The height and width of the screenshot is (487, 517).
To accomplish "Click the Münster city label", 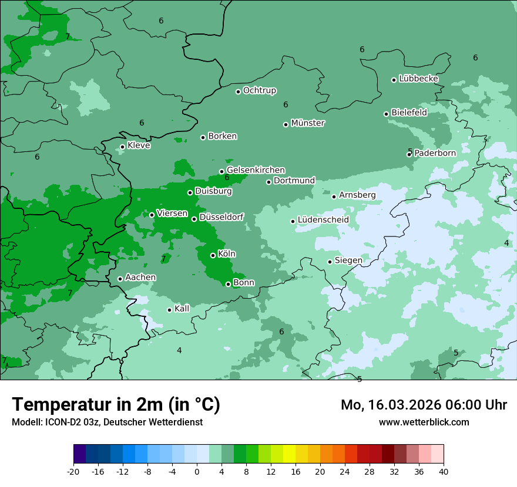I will [x=308, y=123].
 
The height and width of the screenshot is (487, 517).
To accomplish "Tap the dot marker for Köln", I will [x=213, y=255].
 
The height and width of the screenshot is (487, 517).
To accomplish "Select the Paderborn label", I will [x=435, y=153].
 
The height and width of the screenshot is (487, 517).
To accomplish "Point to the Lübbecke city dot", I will [x=394, y=80].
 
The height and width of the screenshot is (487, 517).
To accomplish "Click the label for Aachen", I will [x=140, y=277].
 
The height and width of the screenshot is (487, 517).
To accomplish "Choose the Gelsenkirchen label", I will [x=256, y=170].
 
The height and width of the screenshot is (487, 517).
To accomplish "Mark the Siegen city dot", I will [x=330, y=262].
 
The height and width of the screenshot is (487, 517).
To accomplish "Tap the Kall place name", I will [x=182, y=309].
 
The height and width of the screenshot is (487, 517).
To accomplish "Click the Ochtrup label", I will [x=260, y=90].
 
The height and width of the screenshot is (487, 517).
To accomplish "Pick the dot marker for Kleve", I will [x=122, y=147].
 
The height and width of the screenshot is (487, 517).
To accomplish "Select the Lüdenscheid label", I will [x=323, y=220].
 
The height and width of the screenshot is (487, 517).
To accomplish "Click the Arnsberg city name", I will [x=357, y=195].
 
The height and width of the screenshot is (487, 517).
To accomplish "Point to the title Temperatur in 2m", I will [x=116, y=404].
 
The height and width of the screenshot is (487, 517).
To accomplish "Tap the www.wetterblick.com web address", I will [x=424, y=422].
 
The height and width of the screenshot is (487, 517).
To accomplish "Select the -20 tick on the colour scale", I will [x=73, y=471].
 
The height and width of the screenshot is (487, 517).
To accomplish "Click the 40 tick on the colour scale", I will [x=444, y=471].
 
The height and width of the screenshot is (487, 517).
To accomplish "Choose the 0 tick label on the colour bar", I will [x=197, y=471].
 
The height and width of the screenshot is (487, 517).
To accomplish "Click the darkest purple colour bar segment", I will [x=79, y=454].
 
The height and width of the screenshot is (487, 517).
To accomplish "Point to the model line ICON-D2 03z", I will [x=107, y=422].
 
